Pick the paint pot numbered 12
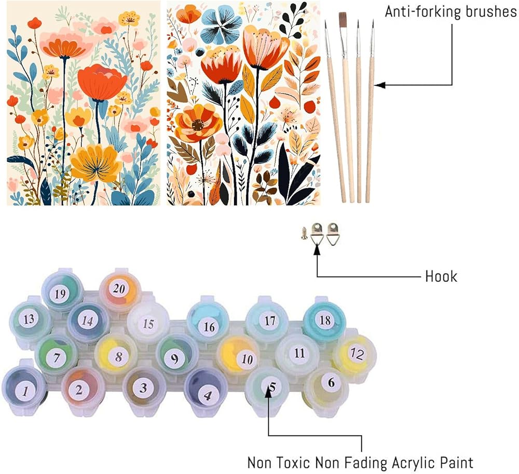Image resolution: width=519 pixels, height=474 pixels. [x=354, y=354]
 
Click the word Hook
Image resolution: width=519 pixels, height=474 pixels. [x=441, y=276]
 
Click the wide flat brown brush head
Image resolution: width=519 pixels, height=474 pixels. [x=343, y=20]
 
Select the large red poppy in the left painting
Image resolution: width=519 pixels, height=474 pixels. [x=102, y=82]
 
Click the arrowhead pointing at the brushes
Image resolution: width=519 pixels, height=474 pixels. [x=377, y=85]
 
